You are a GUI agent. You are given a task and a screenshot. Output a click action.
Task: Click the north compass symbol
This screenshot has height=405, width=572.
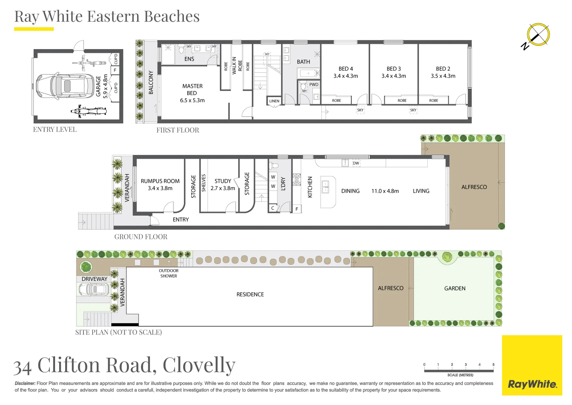538,35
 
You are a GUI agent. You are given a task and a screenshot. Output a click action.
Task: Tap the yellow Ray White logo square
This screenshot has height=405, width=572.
532,365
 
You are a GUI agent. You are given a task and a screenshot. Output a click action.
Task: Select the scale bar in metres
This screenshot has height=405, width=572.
459,370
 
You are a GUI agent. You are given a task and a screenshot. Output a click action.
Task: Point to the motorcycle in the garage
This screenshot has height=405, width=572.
89,111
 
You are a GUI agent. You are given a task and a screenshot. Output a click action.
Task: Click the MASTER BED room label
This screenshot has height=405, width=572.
192,90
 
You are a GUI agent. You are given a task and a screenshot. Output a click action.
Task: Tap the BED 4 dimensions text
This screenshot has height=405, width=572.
345,76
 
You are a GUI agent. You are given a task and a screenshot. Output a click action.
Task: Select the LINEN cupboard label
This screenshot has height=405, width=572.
274,101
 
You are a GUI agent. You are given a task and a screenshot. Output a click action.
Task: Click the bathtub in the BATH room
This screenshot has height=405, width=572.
308,73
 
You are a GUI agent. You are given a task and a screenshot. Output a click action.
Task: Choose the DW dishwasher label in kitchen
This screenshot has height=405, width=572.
356,163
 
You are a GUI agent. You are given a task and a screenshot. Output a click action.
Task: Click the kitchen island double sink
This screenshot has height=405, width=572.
325,187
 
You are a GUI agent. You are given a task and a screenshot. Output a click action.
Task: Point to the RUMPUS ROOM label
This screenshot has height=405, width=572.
160,181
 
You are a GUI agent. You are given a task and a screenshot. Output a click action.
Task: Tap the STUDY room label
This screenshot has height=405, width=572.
223,181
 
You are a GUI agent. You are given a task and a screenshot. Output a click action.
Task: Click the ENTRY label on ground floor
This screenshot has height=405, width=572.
181,220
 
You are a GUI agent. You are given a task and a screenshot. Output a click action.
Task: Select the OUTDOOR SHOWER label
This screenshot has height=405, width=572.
169,273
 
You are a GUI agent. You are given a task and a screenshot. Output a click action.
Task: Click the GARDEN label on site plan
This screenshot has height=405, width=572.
455,288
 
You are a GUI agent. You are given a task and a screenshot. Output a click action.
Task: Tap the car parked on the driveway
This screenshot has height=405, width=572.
94,289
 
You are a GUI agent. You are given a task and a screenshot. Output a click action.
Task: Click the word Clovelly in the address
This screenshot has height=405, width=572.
199,365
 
